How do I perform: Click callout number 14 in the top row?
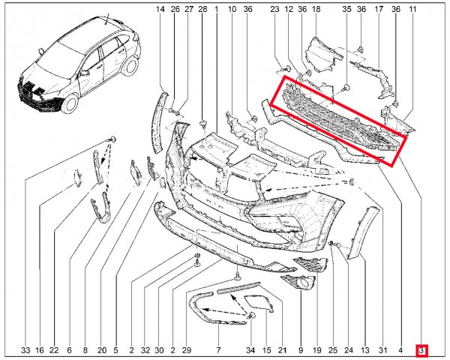tap(160, 9)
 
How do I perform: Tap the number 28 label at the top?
tap(202, 9)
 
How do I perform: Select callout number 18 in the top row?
tap(316, 9)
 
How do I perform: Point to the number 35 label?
tap(346, 9)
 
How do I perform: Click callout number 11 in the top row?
tap(412, 9)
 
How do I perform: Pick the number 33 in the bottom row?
tap(25, 350)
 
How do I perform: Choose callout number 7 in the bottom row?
tap(218, 350)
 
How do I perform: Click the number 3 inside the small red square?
tap(421, 350)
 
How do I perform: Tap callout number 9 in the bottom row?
tap(301, 350)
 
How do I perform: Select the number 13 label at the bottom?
tap(365, 350)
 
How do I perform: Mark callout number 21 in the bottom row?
tap(283, 350)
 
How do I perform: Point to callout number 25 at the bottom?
tap(332, 350)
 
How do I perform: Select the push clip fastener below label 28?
tap(203, 124)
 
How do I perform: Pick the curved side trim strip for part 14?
tap(160, 122)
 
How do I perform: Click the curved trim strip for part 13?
tap(363, 231)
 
